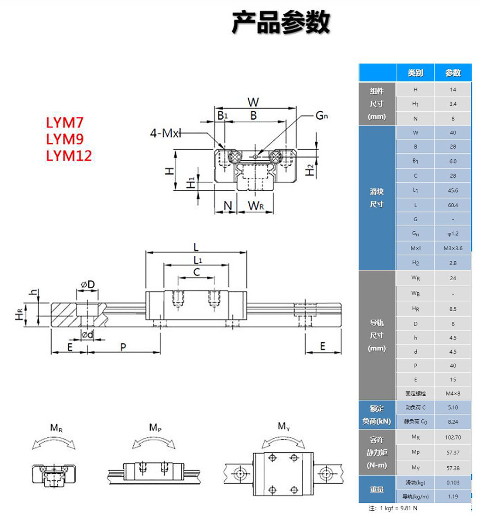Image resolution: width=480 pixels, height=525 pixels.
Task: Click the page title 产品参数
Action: (281, 23)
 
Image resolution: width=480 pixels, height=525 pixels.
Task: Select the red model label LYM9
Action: (64, 139)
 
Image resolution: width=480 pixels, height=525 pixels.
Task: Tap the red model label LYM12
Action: (69, 156)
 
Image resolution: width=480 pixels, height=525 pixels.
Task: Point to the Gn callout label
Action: (322, 116)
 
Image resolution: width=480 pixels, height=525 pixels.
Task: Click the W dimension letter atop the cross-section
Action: (253, 102)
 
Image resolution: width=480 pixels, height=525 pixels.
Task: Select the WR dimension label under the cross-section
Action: (255, 206)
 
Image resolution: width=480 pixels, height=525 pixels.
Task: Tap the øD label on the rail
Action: (88, 284)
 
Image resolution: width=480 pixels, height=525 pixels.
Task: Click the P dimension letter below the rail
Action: (123, 347)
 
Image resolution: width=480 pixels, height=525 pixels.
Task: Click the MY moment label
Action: (283, 426)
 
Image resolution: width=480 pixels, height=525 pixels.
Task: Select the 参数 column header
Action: (453, 73)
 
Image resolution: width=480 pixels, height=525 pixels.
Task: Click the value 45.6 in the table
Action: (453, 190)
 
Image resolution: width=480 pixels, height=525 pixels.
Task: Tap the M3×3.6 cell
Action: (453, 248)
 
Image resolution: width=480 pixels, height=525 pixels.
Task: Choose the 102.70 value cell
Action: (453, 437)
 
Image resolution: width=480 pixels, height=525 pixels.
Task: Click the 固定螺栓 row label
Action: (415, 393)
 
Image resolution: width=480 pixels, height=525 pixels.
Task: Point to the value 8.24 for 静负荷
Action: (453, 422)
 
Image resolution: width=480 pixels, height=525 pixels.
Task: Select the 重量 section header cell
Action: (377, 489)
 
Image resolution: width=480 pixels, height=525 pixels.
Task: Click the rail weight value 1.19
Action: (453, 497)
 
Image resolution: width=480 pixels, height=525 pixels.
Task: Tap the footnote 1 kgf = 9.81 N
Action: (393, 508)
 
